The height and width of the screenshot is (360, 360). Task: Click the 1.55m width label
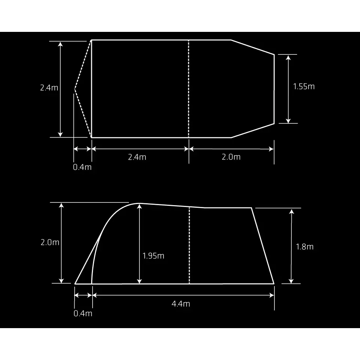point(304,87)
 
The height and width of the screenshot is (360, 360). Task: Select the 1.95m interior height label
point(153,256)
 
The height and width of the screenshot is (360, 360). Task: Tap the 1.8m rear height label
point(304,247)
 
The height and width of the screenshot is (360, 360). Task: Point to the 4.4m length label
point(181,304)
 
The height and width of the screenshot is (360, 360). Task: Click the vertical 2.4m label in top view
point(49,88)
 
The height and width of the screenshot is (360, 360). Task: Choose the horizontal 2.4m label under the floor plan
point(137,157)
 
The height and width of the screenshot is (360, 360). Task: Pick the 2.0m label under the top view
point(231,157)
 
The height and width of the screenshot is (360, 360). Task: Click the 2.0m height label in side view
point(50,242)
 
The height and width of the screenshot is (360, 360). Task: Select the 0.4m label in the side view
point(82,313)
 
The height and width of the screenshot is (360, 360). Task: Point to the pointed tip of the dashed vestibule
point(75,89)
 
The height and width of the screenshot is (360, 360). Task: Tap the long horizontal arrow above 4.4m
point(183,295)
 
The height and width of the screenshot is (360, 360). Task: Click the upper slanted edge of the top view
point(252,47)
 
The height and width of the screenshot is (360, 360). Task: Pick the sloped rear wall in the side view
point(262,246)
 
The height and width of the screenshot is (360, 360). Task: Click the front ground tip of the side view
point(75,284)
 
